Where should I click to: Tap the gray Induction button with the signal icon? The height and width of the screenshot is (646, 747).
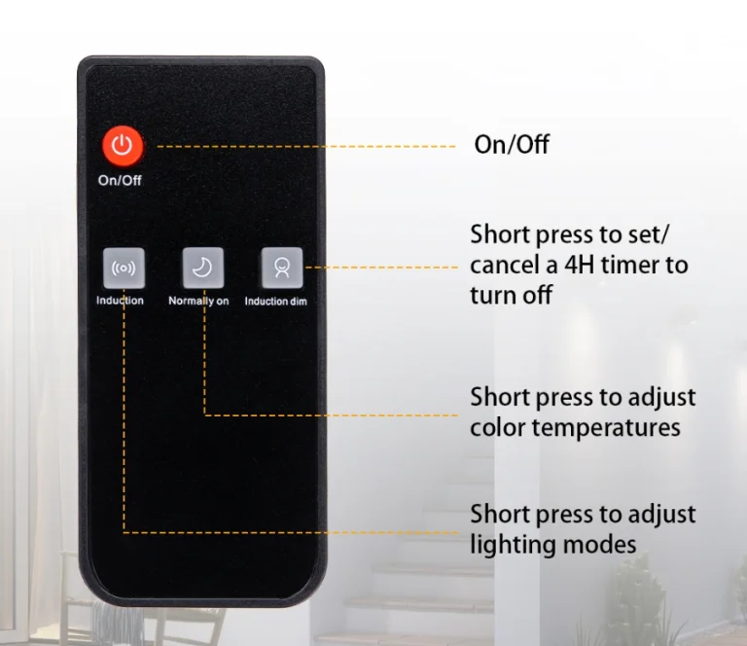coord(124,268)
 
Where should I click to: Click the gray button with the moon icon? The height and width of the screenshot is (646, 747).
coord(203,268)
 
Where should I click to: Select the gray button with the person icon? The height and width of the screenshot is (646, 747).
coord(282,268)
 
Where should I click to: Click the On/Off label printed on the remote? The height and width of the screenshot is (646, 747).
coord(120,180)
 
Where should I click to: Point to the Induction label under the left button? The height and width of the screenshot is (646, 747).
coord(120,300)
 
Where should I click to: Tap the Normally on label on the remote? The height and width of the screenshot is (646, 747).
coord(198,301)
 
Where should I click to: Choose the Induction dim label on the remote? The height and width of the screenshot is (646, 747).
coord(276,301)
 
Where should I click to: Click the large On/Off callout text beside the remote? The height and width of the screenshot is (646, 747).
coord(512,144)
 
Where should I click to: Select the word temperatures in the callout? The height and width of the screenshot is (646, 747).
coord(606,428)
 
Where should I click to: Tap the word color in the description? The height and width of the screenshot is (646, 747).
coord(498,427)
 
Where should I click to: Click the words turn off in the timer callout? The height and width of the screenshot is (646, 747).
coord(512,295)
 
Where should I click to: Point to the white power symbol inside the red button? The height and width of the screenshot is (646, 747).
coord(123,145)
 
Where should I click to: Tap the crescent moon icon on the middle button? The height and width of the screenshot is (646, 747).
coord(202,268)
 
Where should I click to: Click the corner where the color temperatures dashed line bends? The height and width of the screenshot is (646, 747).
coord(205,415)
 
